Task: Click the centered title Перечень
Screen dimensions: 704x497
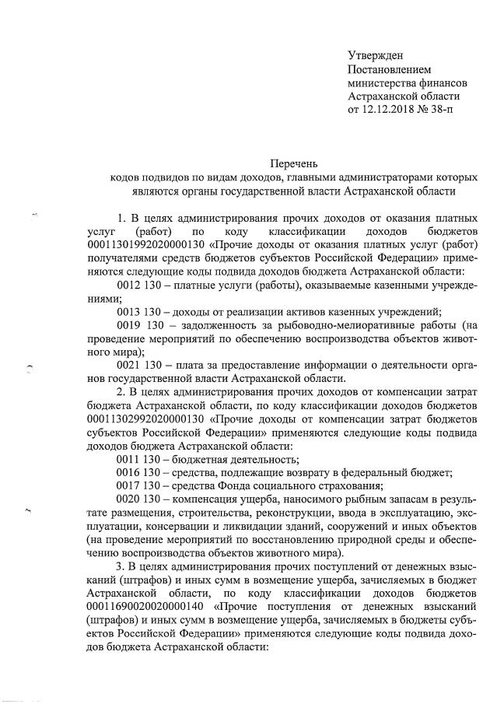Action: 294,163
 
